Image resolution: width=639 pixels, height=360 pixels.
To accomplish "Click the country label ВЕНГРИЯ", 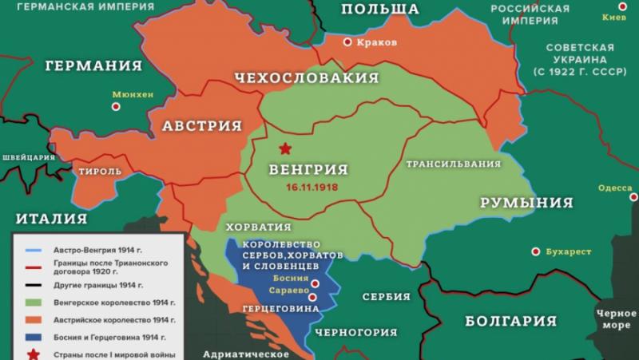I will click(308, 169).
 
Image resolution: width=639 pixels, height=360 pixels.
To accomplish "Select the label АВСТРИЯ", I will click(202, 126).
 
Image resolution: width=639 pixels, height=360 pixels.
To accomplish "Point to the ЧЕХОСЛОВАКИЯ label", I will click(306, 77).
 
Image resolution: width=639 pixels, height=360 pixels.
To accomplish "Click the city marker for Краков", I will click(347, 42).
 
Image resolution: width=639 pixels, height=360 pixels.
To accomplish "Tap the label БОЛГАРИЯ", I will click(510, 321).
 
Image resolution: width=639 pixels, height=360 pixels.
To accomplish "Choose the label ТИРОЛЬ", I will click(100, 171).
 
